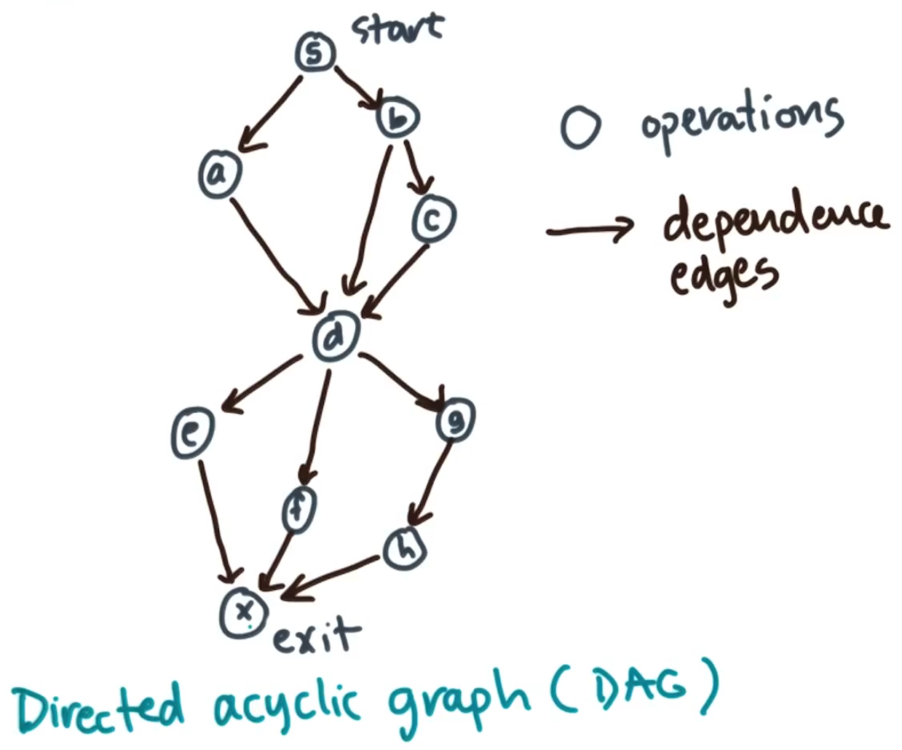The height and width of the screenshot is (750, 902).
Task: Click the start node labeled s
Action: tap(315, 52)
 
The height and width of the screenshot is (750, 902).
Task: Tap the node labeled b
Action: tap(397, 119)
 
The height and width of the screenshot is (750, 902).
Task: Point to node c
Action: tap(434, 218)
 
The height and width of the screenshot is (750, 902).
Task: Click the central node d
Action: tap(336, 337)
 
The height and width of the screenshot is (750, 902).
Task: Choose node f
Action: tap(299, 508)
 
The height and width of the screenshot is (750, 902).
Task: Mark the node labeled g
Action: tap(455, 420)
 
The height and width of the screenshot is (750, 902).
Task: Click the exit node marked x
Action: tap(244, 612)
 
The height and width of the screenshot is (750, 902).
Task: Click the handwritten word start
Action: tap(397, 29)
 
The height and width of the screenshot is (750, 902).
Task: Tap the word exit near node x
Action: tap(316, 636)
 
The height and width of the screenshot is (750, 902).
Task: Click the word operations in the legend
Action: tap(740, 120)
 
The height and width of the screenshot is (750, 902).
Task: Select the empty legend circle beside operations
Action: tap(580, 129)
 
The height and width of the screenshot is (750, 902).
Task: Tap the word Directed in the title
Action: tap(98, 706)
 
